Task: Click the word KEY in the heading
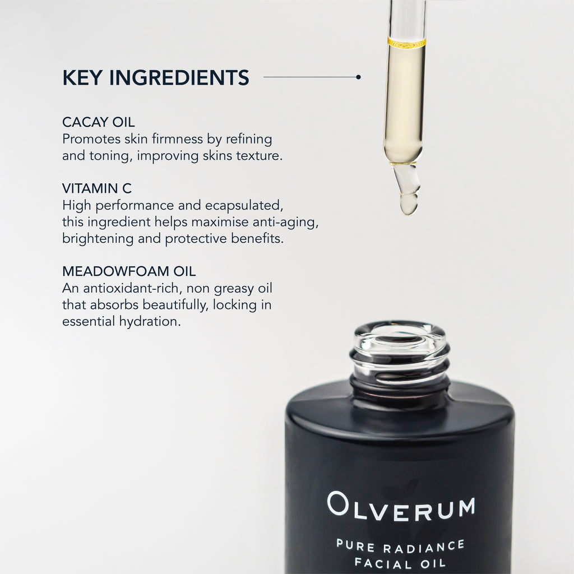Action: pyautogui.click(x=82, y=77)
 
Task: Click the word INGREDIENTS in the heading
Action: pyautogui.click(x=179, y=77)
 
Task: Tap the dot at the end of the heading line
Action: pyautogui.click(x=358, y=77)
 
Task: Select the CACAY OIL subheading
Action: pyautogui.click(x=99, y=122)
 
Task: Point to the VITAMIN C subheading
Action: pyautogui.click(x=97, y=188)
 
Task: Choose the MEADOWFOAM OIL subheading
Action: pyautogui.click(x=129, y=271)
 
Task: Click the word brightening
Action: pyautogui.click(x=98, y=239)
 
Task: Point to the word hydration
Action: pyautogui.click(x=150, y=321)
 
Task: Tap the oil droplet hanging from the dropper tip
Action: pyautogui.click(x=409, y=203)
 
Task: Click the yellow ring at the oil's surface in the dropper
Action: pyautogui.click(x=406, y=43)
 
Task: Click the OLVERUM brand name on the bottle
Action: pyautogui.click(x=401, y=506)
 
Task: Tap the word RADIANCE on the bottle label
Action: pyautogui.click(x=424, y=547)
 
